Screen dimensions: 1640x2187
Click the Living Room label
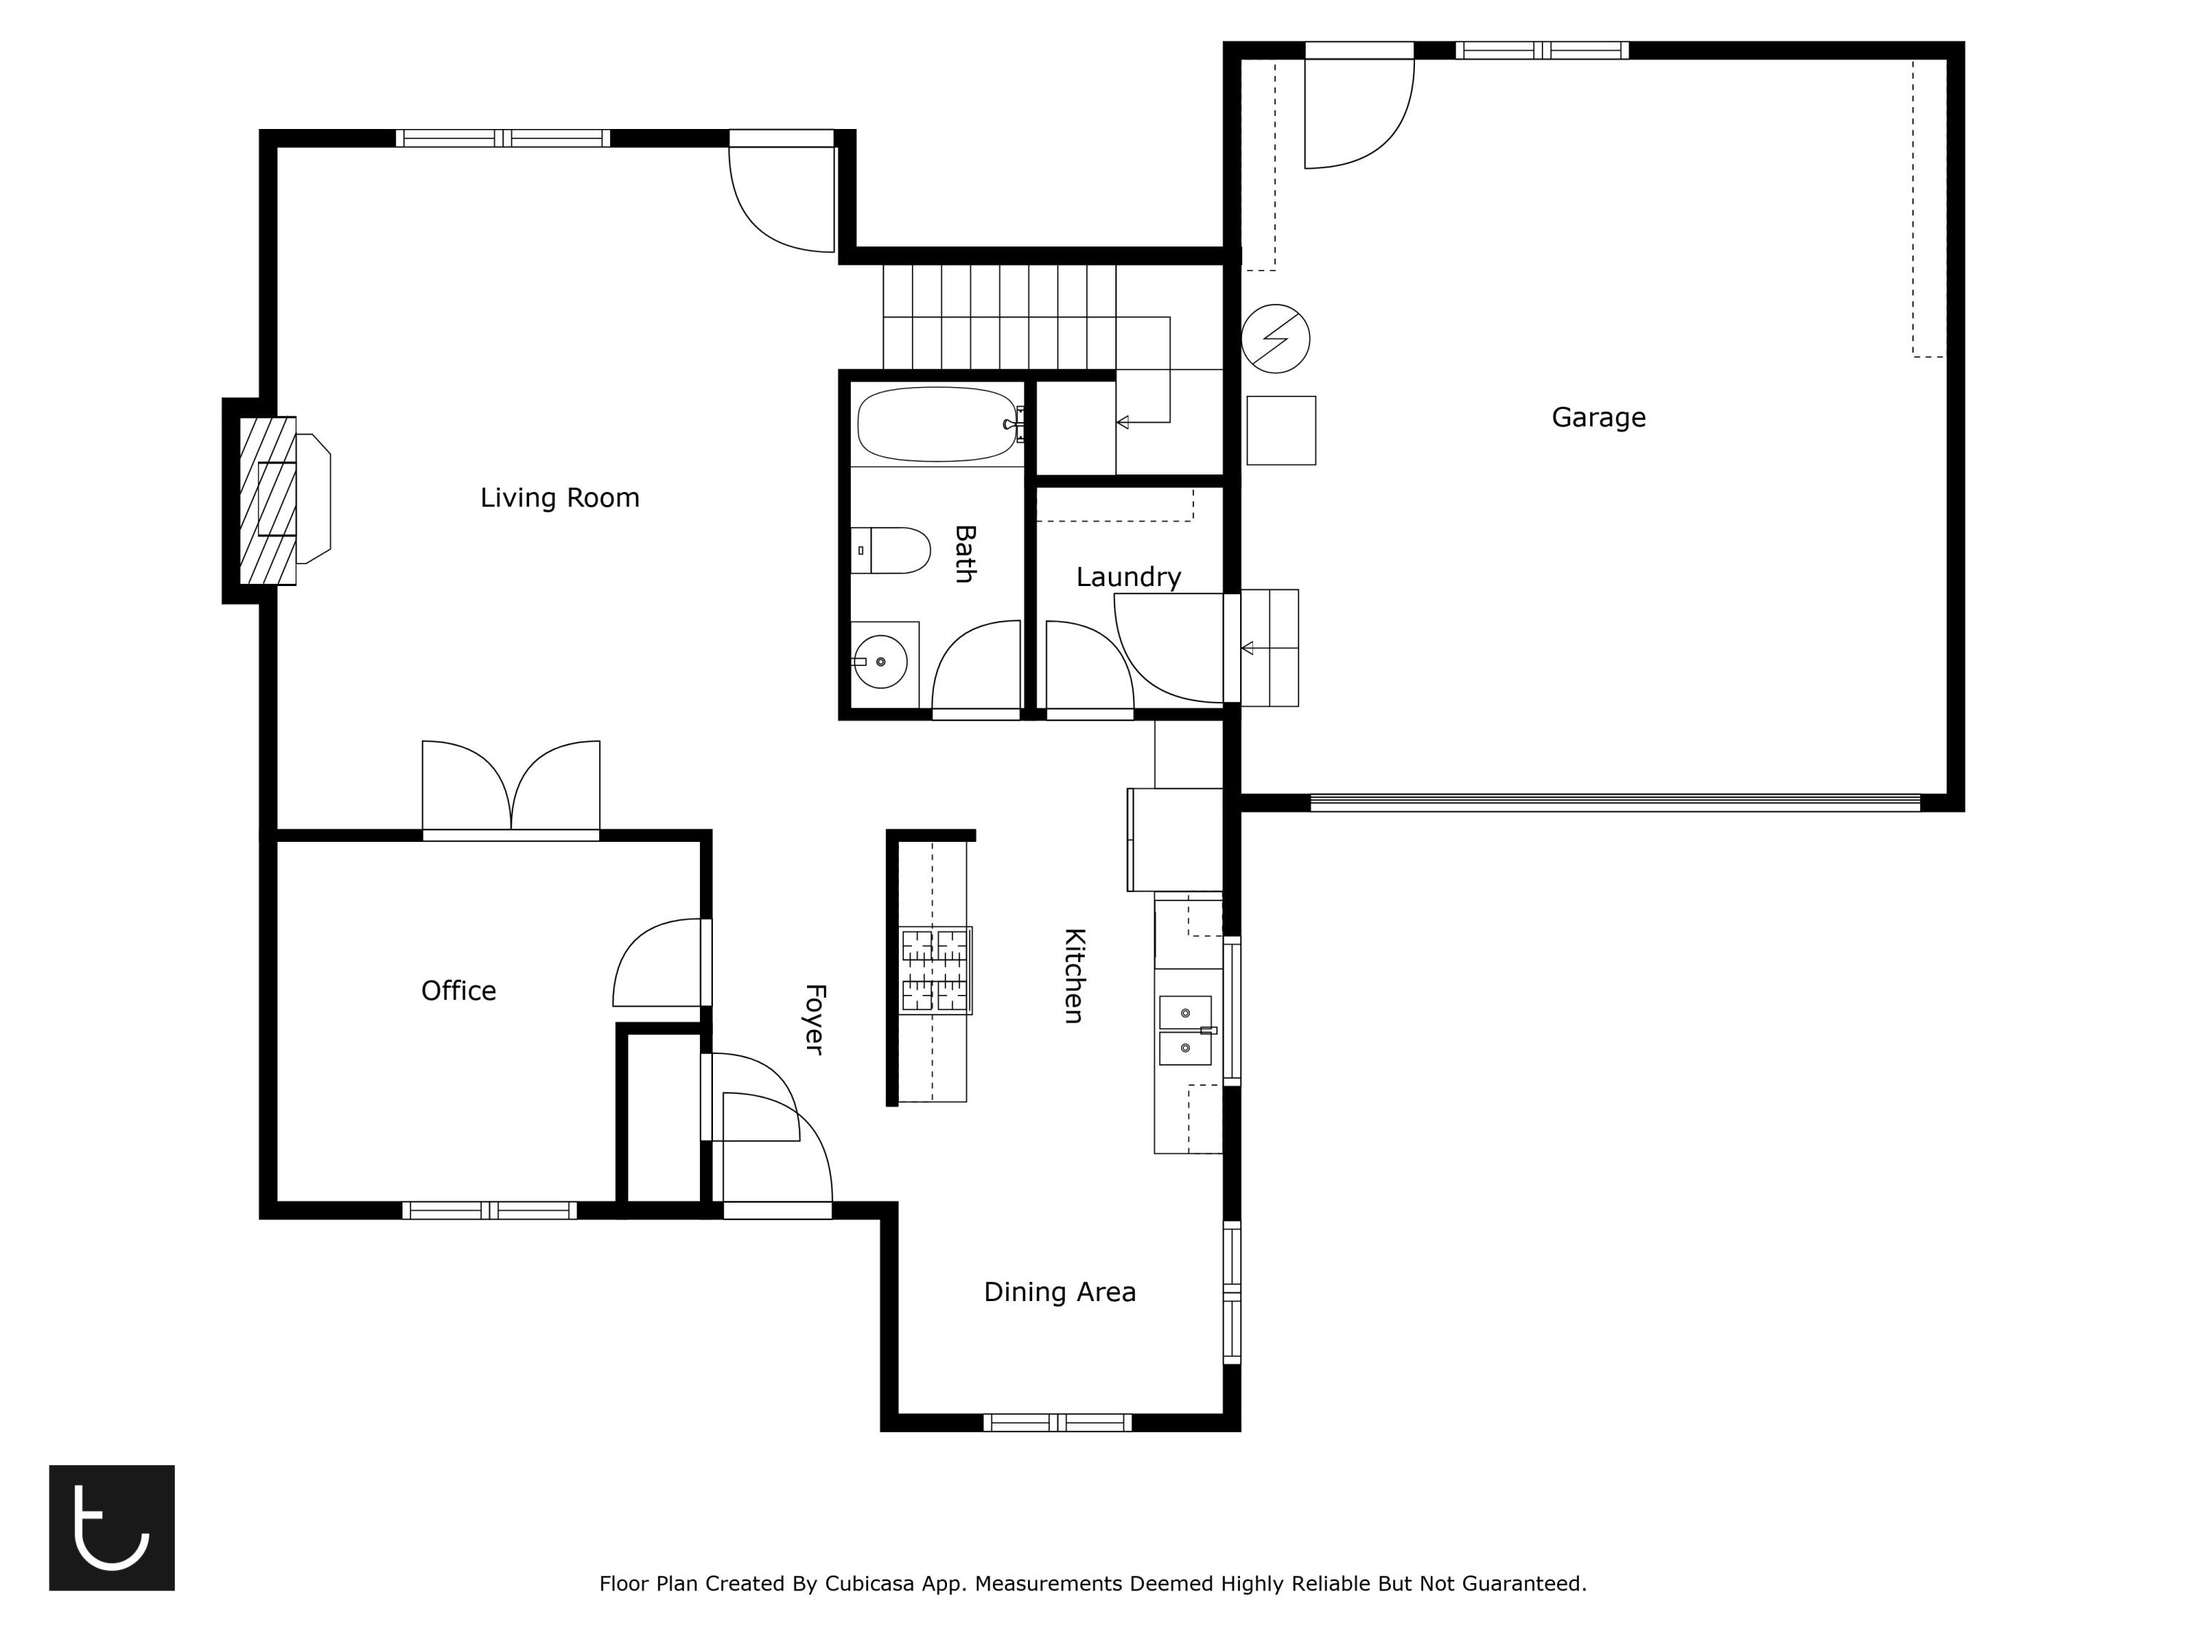click(560, 497)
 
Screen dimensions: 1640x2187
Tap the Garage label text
click(1598, 417)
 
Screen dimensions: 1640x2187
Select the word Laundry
click(1128, 577)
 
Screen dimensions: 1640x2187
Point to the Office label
click(458, 991)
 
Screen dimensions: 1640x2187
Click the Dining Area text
click(1059, 1292)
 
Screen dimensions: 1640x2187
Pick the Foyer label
click(814, 1019)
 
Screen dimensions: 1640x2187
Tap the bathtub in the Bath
click(936, 424)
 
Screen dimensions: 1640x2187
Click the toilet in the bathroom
click(891, 550)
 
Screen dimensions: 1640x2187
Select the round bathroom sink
click(880, 661)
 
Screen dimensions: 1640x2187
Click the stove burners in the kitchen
click(935, 971)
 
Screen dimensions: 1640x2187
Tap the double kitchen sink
click(1185, 1030)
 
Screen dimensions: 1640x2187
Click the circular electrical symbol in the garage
click(1276, 338)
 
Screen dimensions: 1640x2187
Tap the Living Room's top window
click(503, 138)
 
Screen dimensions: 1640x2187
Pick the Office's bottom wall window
click(489, 1210)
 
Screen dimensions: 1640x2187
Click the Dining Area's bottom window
click(1057, 1423)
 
